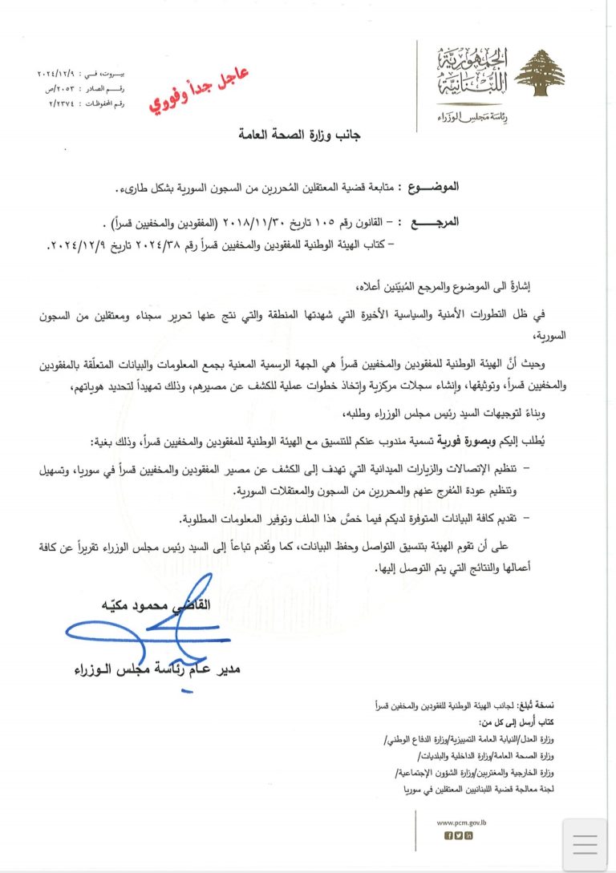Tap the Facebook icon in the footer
tap(448, 835)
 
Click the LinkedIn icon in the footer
tap(469, 835)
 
